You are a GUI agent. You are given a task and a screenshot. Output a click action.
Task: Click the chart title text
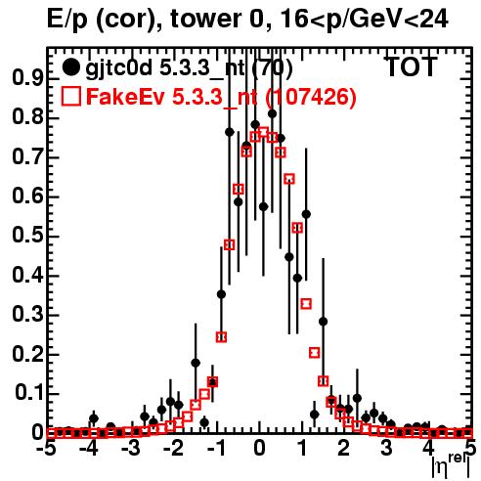(247, 19)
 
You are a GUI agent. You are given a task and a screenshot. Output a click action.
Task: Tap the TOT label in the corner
(412, 66)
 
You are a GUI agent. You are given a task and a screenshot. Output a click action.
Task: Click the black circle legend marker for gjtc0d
(70, 67)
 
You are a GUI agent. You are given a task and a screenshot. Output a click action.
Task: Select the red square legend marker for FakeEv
(70, 96)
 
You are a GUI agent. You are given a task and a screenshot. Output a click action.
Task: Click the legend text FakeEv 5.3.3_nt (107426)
(222, 97)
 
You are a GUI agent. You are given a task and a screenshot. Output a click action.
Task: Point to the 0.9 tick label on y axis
(27, 78)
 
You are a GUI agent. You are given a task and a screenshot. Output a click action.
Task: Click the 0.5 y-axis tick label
(27, 236)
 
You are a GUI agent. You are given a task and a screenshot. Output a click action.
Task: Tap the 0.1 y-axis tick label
(28, 393)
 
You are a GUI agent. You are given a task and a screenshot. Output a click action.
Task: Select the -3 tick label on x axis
(132, 448)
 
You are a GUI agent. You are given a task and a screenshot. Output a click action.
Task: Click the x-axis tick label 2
(343, 448)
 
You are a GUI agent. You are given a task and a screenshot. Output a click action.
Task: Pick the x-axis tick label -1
(216, 448)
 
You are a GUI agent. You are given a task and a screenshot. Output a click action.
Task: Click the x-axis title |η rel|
(451, 465)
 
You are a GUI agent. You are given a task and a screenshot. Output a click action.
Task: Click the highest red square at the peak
(263, 132)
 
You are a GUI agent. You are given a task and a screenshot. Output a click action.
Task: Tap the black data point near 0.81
(273, 113)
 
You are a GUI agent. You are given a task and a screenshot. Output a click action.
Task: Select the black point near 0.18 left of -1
(196, 363)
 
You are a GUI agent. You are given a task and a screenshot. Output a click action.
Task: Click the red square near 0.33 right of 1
(306, 304)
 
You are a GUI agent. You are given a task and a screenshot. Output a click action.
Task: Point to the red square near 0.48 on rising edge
(230, 244)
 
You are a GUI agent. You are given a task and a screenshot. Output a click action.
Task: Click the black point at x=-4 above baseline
(94, 417)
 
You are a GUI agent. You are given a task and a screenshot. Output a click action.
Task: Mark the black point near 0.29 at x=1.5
(323, 322)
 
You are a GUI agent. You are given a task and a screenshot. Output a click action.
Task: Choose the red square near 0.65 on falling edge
(289, 179)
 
